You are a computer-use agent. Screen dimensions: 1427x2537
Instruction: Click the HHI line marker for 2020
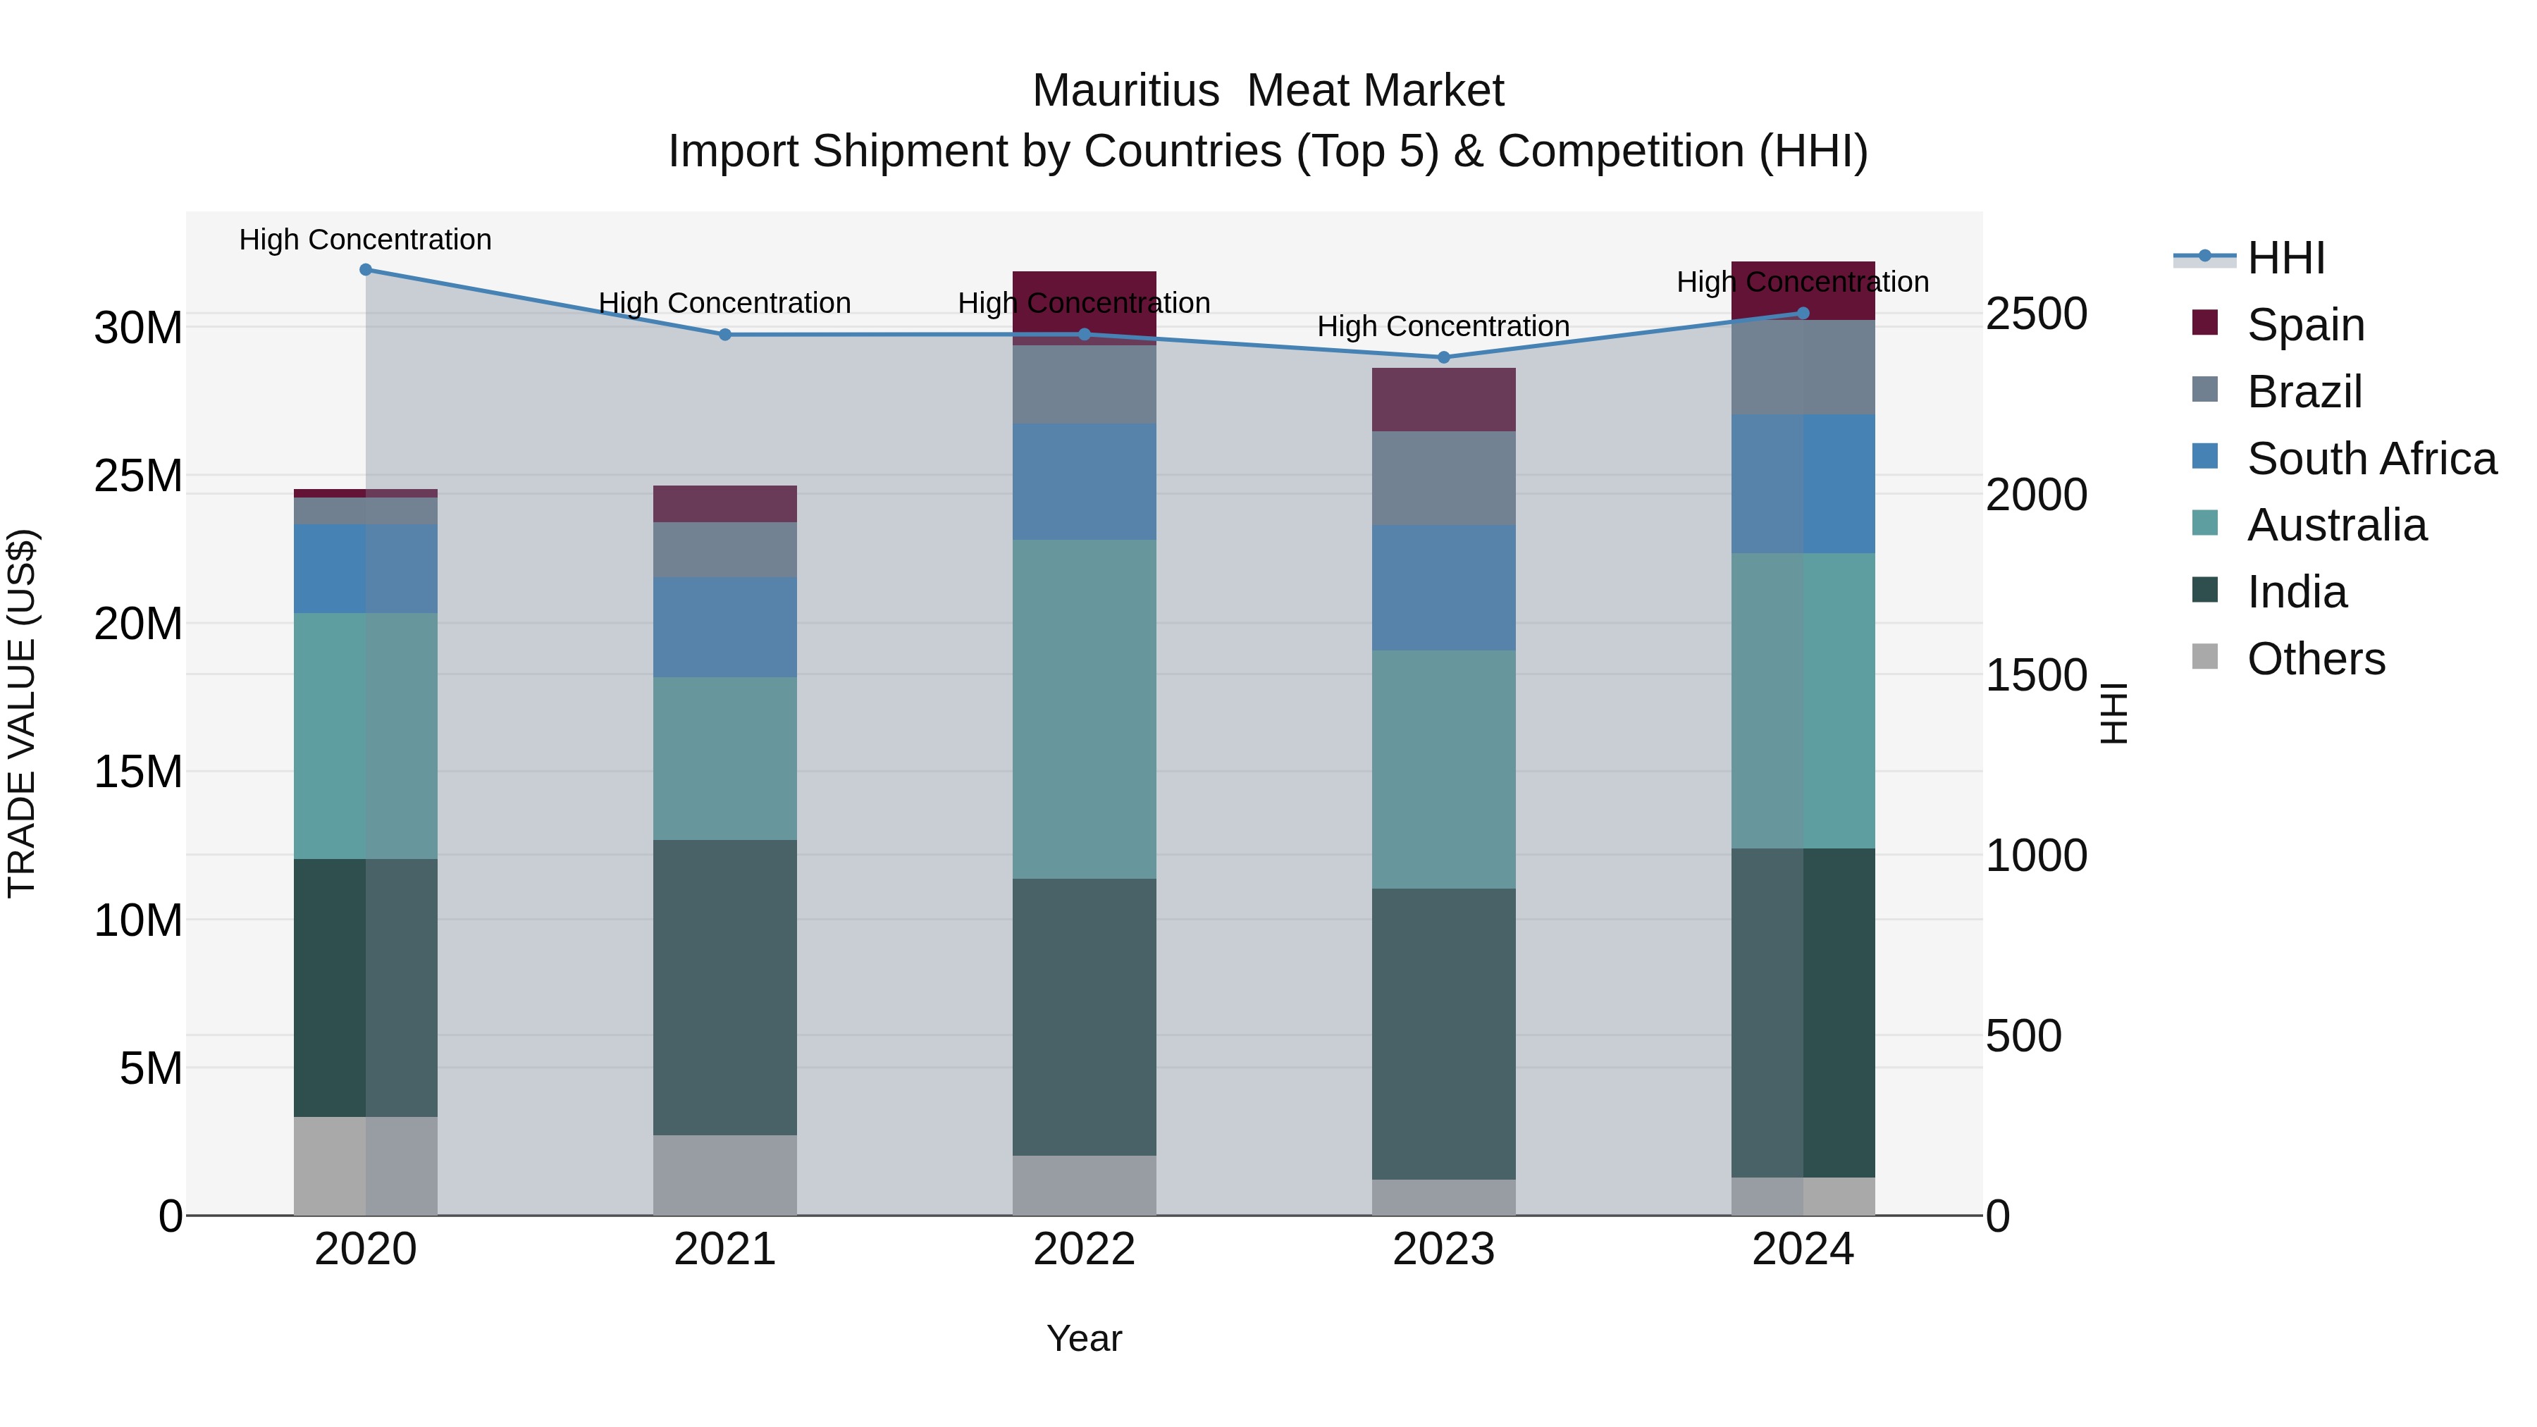coord(365,270)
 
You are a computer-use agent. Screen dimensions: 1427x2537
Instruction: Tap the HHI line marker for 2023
coord(1444,357)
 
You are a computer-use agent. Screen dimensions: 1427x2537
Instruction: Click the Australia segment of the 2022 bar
coord(1085,709)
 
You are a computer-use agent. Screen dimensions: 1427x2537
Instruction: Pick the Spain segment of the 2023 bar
coord(1444,400)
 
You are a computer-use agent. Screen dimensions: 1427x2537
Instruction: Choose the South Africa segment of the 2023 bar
coord(1444,587)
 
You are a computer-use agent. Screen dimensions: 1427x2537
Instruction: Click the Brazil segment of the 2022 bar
coord(1085,385)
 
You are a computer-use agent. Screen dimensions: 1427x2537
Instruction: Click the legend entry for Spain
coord(2304,324)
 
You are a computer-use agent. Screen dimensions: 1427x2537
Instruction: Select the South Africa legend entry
coord(2371,458)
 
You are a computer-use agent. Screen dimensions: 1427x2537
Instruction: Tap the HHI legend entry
coord(2285,258)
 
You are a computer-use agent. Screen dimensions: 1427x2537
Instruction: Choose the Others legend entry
coord(2314,659)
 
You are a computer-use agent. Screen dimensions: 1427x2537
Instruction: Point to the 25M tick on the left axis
coord(138,476)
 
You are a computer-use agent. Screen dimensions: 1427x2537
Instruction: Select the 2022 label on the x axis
coord(1085,1249)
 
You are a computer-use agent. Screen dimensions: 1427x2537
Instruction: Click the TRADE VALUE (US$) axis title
coord(23,713)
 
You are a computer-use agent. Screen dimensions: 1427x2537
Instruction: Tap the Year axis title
coord(1085,1338)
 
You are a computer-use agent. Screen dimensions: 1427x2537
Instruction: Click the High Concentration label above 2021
coord(725,303)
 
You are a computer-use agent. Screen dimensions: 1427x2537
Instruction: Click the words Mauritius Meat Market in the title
coord(1268,91)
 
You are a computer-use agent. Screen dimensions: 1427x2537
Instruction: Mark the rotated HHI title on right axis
coord(2114,713)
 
